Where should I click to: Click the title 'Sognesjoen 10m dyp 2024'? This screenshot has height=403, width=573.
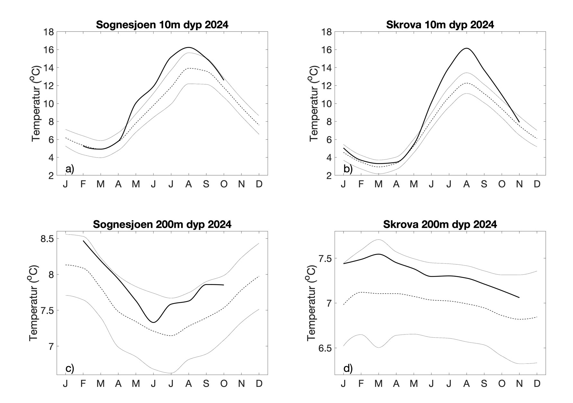162,25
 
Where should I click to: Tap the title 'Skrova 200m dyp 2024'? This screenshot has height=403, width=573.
440,224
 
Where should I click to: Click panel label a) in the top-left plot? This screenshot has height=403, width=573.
69,169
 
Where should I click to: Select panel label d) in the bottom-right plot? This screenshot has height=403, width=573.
348,368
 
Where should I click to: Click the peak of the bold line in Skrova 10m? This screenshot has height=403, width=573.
466,48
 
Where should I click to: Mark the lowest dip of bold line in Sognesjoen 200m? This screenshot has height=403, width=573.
154,322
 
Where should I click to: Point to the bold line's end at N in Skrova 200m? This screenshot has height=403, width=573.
519,298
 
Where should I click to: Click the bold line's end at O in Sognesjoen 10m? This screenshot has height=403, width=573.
224,80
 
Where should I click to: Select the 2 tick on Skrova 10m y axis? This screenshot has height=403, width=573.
328,176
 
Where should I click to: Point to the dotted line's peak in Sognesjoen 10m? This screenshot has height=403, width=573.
189,68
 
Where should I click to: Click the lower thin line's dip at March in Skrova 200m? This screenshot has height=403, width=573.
379,347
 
